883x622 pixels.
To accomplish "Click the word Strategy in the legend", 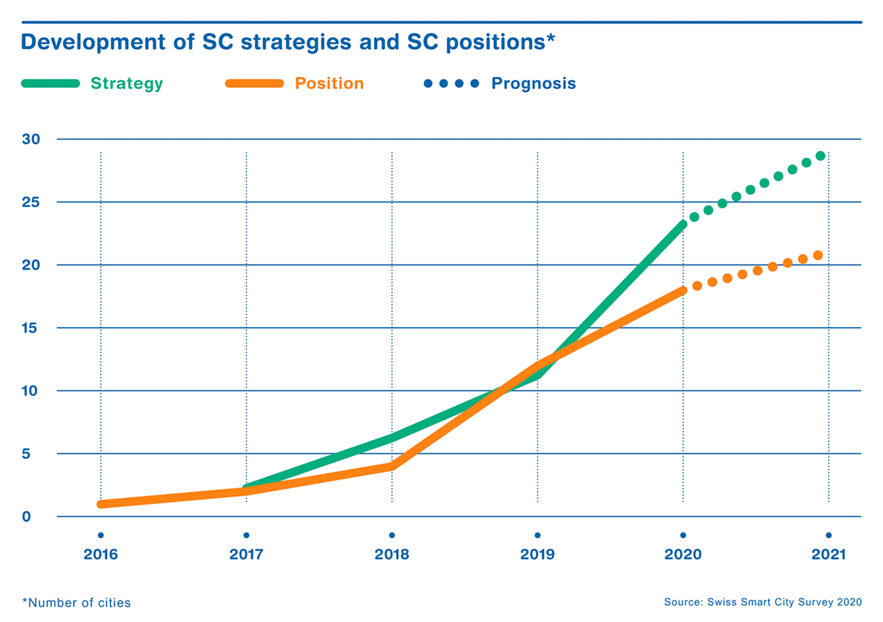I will coord(127,84).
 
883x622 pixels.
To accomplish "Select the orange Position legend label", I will coord(329,84).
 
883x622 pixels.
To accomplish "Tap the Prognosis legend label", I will coord(533,84).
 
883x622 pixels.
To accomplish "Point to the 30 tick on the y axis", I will coord(31,139).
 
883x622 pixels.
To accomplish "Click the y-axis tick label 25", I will coord(31,202).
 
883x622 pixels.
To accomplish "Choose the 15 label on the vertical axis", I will coord(30,328).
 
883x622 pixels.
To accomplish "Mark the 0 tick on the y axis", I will coord(26,516).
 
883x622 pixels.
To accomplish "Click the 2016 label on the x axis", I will coord(101,555).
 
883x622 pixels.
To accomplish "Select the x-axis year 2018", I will coord(392,555).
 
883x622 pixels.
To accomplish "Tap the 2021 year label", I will coord(829,555).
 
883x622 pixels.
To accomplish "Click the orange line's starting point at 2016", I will coord(101,504).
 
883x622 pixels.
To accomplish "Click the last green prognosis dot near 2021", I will coord(820,156).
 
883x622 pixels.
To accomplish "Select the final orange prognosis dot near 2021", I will coord(818,255).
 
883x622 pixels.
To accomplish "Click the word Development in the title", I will coord(93,42).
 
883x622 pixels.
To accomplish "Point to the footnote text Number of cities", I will coord(77,603).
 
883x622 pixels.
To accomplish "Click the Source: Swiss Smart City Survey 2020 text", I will coord(763,602).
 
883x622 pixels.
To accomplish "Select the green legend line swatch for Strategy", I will coord(50,84).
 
